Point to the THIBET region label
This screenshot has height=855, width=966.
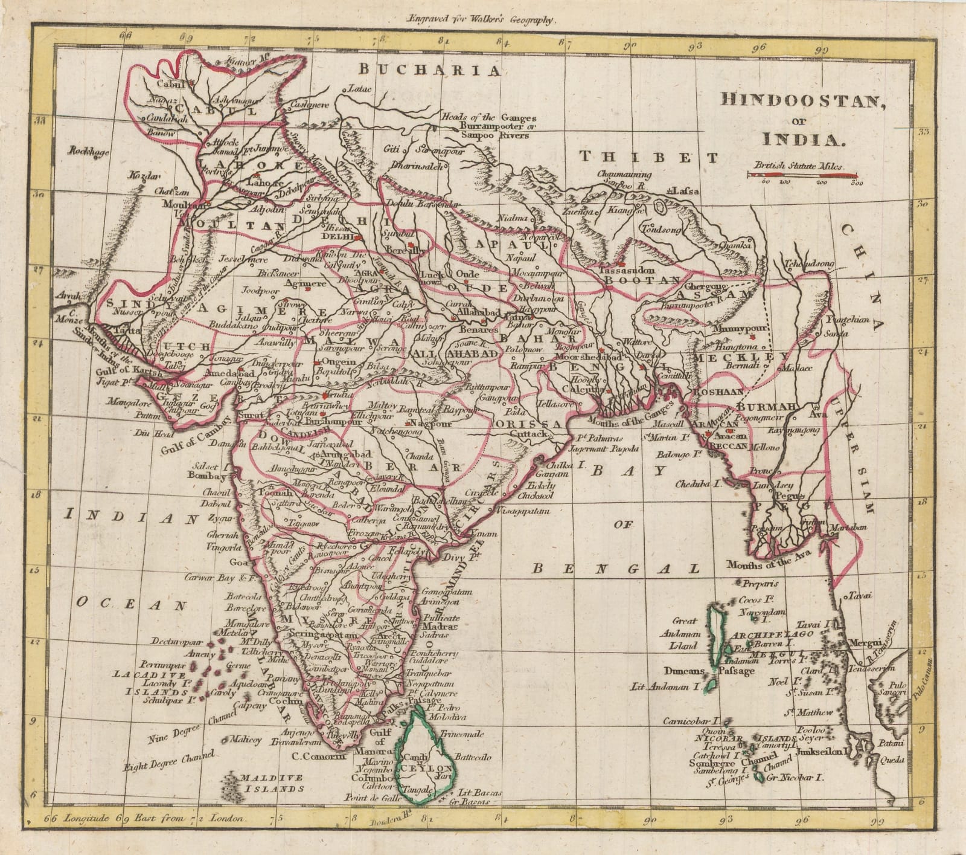pyautogui.click(x=649, y=157)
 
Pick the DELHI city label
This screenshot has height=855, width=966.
pyautogui.click(x=341, y=237)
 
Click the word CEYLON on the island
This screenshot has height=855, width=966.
pyautogui.click(x=420, y=767)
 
